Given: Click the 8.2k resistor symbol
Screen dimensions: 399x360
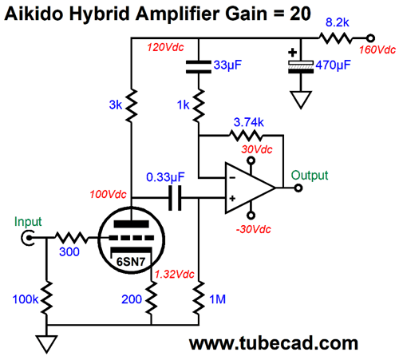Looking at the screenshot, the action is (x=335, y=38).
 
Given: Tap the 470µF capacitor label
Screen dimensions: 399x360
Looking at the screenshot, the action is (x=333, y=65).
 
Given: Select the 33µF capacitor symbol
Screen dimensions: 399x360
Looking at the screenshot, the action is (x=199, y=67).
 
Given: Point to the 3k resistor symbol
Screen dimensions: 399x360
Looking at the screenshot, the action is (x=131, y=105).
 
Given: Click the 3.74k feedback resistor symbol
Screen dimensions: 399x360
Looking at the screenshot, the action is (x=245, y=135).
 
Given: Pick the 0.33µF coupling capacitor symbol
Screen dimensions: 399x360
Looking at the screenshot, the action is (x=175, y=198).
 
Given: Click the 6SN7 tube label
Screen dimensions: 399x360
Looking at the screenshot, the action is (x=131, y=262).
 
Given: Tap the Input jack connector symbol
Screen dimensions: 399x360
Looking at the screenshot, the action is (x=27, y=238).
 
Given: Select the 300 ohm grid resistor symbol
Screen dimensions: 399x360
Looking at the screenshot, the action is (x=71, y=238).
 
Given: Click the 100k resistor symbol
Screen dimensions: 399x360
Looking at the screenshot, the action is (x=46, y=298).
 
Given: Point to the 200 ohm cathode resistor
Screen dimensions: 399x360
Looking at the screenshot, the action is (x=151, y=298).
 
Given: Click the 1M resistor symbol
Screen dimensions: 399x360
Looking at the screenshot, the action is (x=199, y=298).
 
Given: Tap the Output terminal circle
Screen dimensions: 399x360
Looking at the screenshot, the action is (x=298, y=188).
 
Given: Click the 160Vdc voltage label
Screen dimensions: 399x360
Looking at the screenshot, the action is (x=377, y=49).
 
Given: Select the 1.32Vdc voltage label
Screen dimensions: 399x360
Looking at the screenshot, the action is (x=175, y=274).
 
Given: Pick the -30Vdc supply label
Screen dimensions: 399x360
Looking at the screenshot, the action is (x=253, y=229).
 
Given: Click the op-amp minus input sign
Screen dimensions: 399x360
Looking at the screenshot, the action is (x=232, y=177).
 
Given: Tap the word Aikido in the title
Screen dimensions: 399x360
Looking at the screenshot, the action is (x=34, y=14).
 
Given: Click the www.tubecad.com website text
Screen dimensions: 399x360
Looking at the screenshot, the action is (x=274, y=343).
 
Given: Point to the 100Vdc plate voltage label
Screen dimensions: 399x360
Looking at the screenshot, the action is (x=108, y=194).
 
